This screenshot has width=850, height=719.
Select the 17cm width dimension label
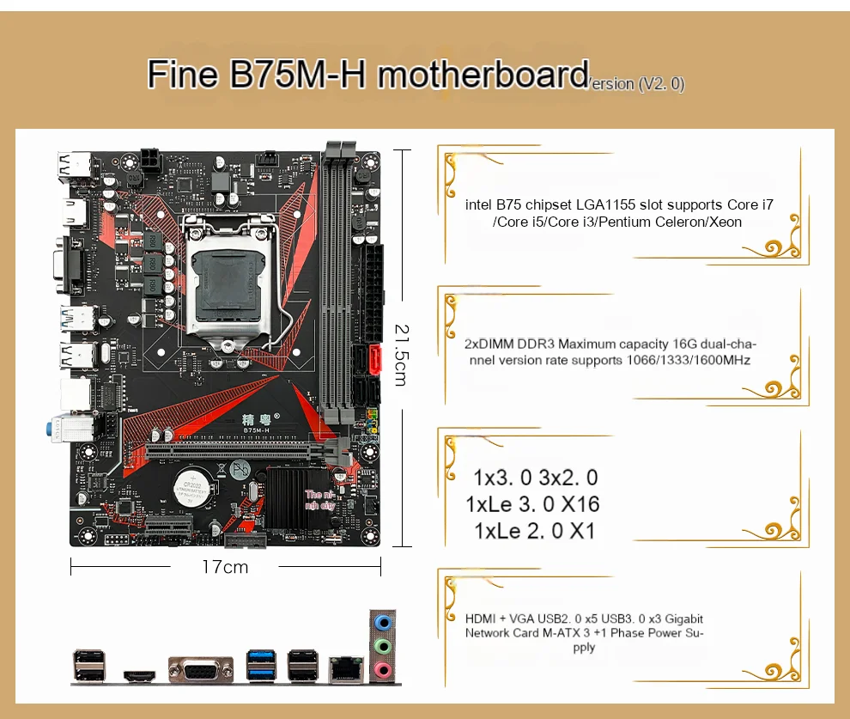[x=224, y=567]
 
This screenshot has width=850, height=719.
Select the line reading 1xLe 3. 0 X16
[x=532, y=504]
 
